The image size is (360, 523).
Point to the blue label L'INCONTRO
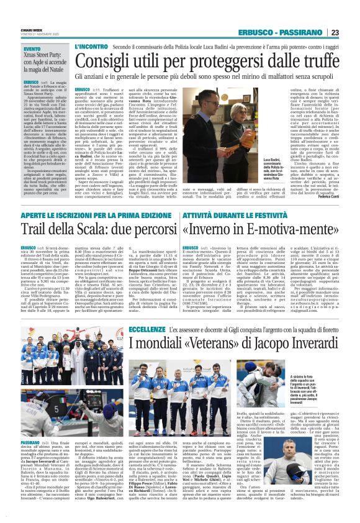(92, 47)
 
